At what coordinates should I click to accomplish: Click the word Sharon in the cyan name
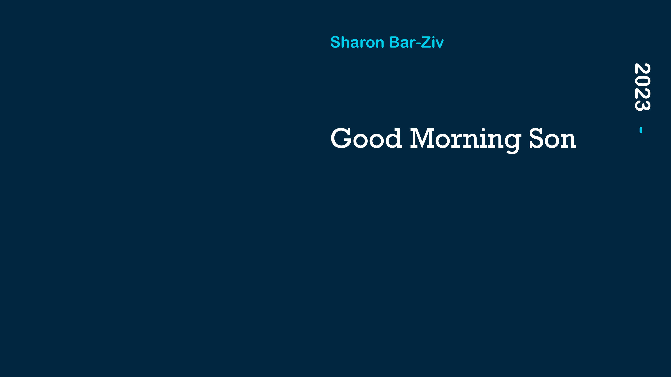[x=357, y=42]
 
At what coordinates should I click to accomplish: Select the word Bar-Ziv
[x=416, y=42]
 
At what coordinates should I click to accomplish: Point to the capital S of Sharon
[x=335, y=42]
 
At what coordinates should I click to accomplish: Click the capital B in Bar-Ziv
[x=394, y=42]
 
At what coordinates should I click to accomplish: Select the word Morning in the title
[x=466, y=141]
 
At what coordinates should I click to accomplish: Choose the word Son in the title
[x=553, y=138]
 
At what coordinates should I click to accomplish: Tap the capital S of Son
[x=536, y=138]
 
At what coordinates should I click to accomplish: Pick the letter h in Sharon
[x=346, y=42]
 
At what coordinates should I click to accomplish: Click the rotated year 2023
[x=642, y=87]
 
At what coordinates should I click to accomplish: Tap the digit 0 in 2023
[x=642, y=81]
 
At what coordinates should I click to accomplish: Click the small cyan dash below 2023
[x=641, y=130]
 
